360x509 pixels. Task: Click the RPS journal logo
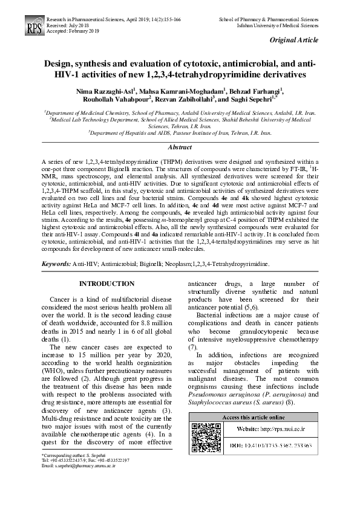point(31,27)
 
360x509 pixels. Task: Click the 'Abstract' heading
point(180,148)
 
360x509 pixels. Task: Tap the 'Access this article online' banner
point(254,418)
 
